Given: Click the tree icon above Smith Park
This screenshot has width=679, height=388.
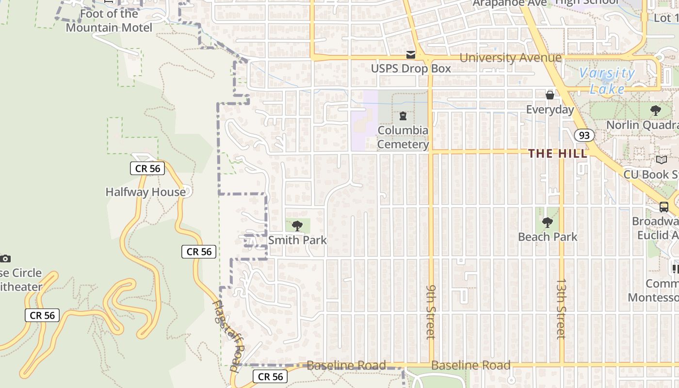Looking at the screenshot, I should pos(297,226).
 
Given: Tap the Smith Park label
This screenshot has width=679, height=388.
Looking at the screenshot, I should pos(297,240).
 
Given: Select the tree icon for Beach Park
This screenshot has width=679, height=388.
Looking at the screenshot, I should pos(548,223).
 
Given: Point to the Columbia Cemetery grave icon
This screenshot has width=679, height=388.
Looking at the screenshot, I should pos(403,116).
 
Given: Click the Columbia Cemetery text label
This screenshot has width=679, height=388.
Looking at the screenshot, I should pos(403,137).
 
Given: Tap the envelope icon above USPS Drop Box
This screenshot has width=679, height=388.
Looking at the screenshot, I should pos(411,54).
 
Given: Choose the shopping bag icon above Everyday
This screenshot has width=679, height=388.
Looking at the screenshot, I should pos(550,95).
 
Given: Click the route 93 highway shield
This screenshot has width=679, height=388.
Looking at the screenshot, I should pos(584,135).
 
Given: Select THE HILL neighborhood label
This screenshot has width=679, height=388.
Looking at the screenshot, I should pos(557,154).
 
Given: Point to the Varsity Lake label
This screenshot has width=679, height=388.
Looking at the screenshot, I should pos(607,81).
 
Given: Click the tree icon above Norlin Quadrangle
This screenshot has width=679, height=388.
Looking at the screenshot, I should pos(655,111).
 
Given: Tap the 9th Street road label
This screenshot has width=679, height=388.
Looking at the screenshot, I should pos(431,311).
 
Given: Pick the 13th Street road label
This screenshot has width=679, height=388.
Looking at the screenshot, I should pos(561,308).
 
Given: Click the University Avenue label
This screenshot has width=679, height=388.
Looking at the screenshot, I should pos(510,58).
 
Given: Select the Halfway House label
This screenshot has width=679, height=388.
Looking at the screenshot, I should pos(145,192).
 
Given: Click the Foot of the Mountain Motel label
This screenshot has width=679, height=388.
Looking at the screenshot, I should pos(109,20).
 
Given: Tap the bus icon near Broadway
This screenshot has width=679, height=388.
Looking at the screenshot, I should pos(663,207).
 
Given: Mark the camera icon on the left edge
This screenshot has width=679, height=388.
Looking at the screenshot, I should pos(5,259).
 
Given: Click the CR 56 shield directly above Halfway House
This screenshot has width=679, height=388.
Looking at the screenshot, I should pos(147,169).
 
